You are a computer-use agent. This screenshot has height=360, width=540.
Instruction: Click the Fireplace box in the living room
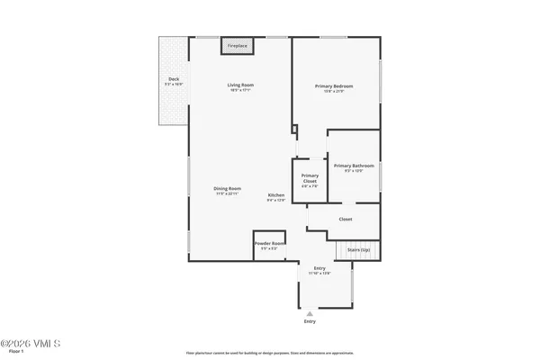point(238,45)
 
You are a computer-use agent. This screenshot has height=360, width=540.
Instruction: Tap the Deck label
point(173,79)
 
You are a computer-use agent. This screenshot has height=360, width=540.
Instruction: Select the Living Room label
point(238,85)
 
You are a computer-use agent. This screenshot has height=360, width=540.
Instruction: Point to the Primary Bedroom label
point(333,86)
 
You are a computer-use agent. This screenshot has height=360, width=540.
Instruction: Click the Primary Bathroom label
point(354,166)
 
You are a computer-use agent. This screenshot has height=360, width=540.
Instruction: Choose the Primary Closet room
point(310,178)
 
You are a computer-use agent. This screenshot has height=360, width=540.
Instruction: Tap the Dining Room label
point(227,188)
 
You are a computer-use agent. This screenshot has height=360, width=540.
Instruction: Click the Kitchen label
point(276,195)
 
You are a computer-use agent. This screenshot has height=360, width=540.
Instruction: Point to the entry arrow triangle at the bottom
point(310,312)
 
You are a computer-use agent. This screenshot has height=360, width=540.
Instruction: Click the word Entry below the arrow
point(310,321)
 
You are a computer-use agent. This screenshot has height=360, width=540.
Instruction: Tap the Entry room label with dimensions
point(319,269)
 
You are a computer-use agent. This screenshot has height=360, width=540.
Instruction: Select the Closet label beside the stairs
point(345,219)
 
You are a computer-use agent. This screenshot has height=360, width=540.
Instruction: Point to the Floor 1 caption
point(16,353)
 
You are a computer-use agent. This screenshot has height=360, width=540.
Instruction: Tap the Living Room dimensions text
point(238,91)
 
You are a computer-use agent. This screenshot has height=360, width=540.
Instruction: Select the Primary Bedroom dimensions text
point(333,92)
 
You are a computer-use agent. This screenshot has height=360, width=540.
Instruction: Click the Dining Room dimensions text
point(227,193)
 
